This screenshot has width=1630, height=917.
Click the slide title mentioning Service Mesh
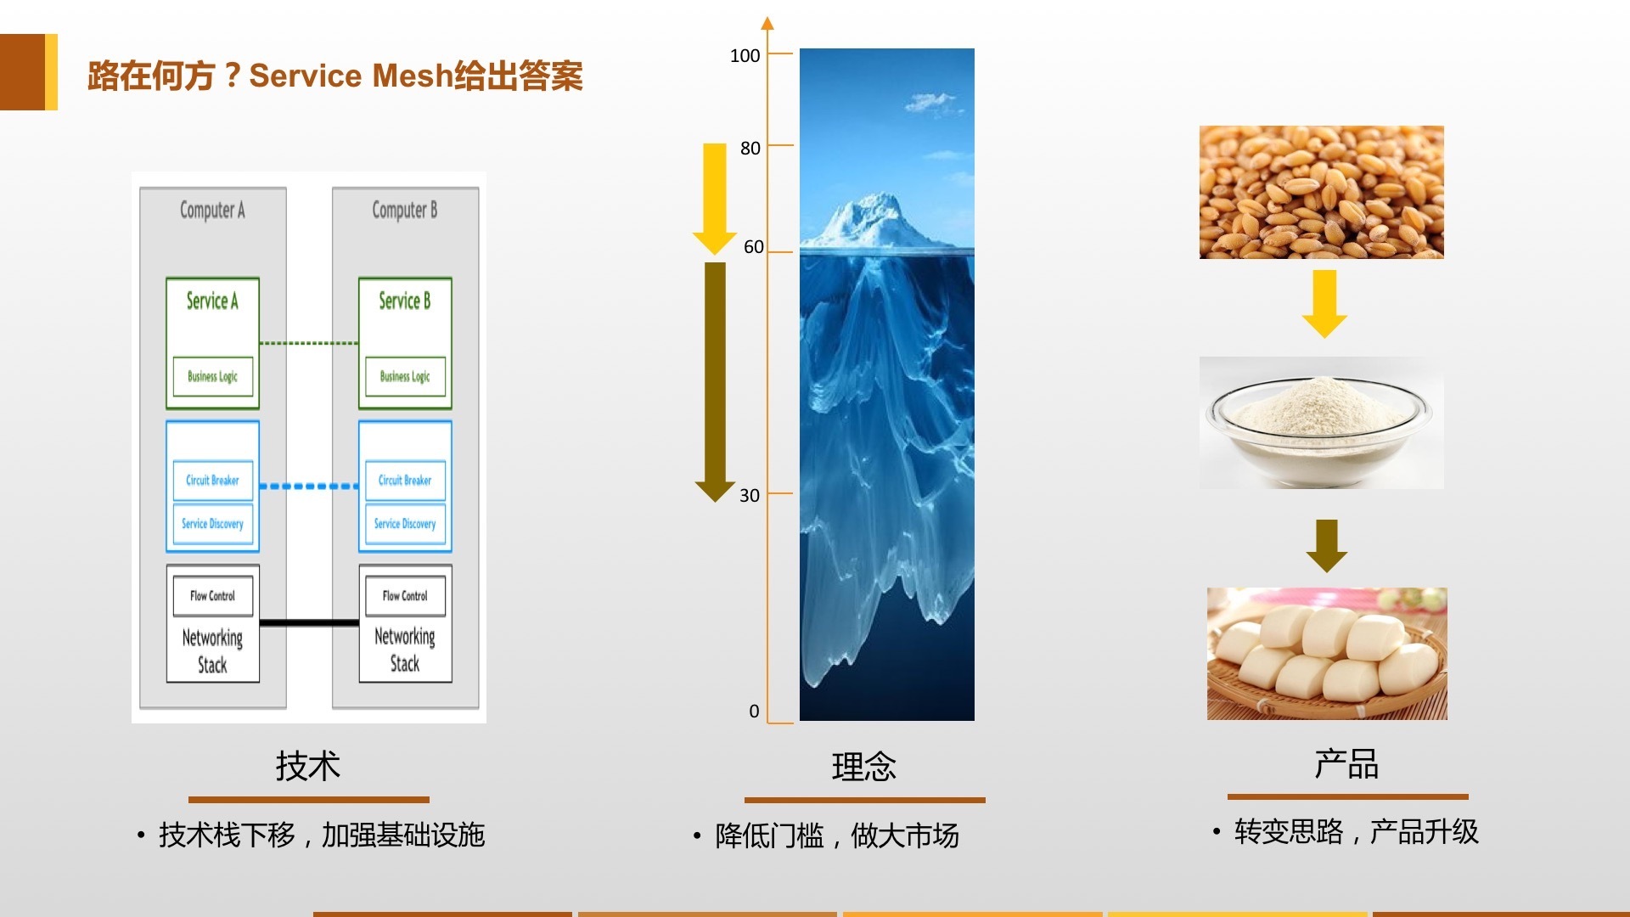point(335,76)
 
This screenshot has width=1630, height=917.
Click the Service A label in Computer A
point(212,301)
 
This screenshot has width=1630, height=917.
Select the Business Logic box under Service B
point(405,376)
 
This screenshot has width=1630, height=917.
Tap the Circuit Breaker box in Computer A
point(212,480)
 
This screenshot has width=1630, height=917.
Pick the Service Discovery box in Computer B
point(405,524)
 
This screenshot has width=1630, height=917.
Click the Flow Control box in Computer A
point(212,595)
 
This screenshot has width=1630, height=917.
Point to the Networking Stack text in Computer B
point(405,650)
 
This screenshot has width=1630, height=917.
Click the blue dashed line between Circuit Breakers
point(309,487)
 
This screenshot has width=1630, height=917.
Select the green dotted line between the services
point(309,343)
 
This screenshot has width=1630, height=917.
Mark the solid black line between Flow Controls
point(309,623)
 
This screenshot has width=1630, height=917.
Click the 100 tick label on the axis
point(745,56)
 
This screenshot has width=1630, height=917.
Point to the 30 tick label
point(750,496)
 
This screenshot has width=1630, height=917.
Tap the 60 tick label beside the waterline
point(754,247)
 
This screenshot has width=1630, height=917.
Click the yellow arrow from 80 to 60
point(715,199)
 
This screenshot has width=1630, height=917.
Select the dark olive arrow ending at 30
point(715,382)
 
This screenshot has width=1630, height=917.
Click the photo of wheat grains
point(1321,192)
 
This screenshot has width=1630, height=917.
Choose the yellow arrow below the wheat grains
point(1324,304)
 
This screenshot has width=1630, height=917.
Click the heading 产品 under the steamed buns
point(1346,764)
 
